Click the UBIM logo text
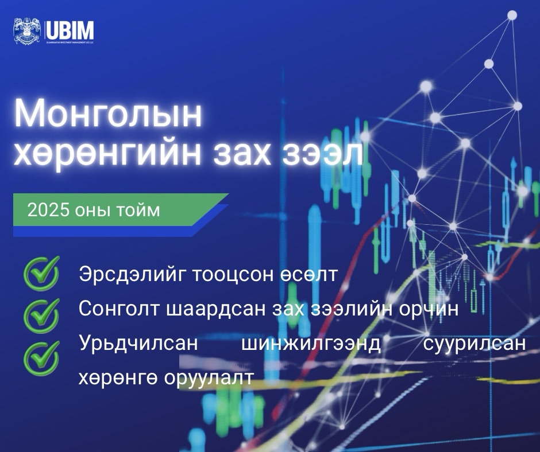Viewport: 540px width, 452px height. (70, 29)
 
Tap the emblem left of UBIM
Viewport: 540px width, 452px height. (27, 30)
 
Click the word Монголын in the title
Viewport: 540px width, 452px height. (108, 115)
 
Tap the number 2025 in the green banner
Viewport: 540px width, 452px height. (48, 210)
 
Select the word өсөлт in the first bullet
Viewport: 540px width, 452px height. (310, 275)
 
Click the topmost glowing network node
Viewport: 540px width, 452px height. (512, 15)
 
